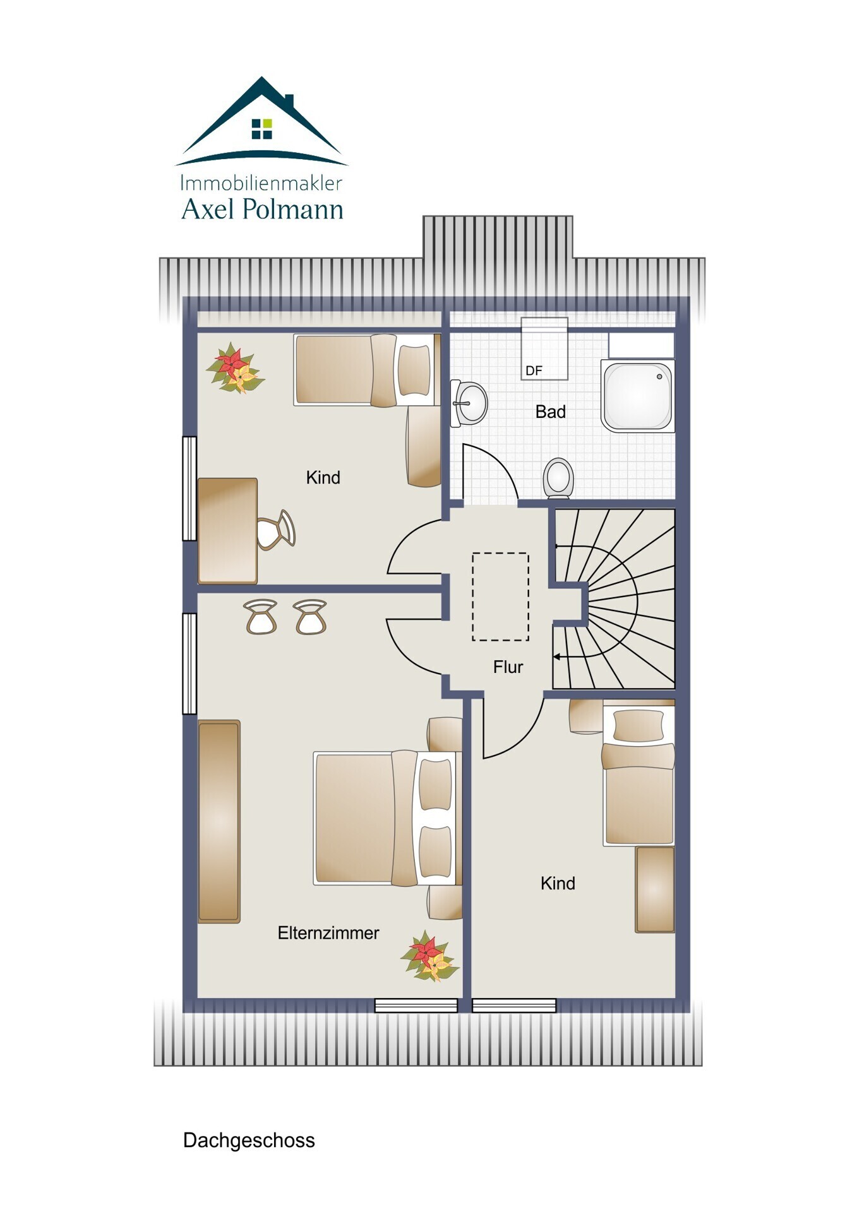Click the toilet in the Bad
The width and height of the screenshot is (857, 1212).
(x=558, y=478)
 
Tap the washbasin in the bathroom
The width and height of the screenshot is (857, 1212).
(x=469, y=403)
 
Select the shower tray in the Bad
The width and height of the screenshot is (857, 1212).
(x=637, y=396)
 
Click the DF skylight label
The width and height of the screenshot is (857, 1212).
(x=534, y=371)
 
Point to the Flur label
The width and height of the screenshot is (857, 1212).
(x=508, y=667)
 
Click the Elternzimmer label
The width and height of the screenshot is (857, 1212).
(x=328, y=932)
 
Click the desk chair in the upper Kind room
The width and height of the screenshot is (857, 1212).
(x=276, y=530)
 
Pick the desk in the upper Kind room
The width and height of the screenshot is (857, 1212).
(x=227, y=530)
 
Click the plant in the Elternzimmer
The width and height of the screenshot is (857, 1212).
(x=429, y=956)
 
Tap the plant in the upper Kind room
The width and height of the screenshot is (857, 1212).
(x=235, y=368)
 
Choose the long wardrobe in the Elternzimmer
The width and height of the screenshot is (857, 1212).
(x=219, y=821)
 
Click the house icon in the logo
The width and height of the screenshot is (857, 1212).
(x=261, y=120)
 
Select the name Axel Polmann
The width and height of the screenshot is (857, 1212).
(x=262, y=209)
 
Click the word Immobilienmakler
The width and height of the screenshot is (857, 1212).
(x=261, y=183)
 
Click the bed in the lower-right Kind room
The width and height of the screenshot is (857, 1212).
(x=638, y=776)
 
